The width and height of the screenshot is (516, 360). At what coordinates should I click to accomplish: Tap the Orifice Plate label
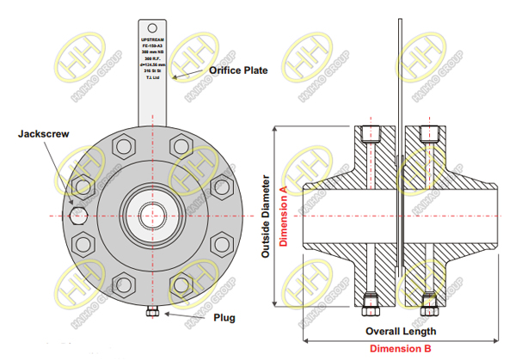[x=233, y=70]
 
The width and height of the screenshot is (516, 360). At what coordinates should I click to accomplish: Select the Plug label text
[x=224, y=317]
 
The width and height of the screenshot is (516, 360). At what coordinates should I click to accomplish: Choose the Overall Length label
[x=401, y=331]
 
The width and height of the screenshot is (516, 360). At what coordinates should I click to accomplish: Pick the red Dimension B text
[x=401, y=348]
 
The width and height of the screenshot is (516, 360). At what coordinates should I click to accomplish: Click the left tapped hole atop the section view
[x=371, y=133]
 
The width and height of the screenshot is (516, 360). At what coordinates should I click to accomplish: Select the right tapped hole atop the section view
[x=428, y=133]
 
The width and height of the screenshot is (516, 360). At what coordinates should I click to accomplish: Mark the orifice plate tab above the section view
[x=400, y=69]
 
